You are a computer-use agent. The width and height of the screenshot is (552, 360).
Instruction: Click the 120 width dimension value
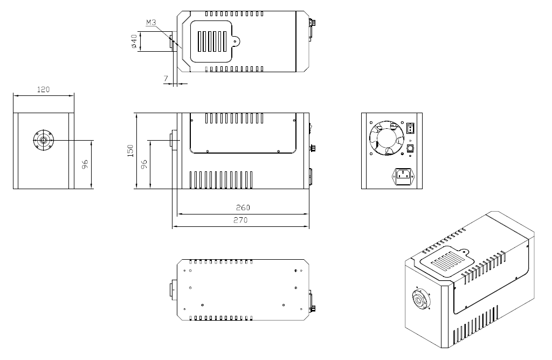coord(43,90)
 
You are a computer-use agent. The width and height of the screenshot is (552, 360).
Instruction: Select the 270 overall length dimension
coord(241,220)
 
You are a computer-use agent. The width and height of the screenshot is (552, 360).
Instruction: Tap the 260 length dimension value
coord(243,207)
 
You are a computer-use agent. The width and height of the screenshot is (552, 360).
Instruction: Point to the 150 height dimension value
coord(130,150)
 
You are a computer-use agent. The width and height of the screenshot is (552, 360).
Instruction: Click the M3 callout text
coord(151,23)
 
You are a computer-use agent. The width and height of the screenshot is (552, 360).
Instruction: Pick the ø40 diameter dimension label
coord(134,41)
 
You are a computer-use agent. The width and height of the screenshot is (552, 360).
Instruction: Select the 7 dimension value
coord(166,78)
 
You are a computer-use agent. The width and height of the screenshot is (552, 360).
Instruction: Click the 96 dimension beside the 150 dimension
coord(144,164)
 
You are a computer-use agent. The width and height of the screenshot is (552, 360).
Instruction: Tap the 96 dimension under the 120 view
coord(85,164)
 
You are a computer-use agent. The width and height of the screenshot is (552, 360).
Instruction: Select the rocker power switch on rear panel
coord(410,128)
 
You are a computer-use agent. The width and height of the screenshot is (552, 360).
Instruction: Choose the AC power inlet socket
coord(403,176)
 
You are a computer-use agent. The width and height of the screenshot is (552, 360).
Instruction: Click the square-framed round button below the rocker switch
coord(410,149)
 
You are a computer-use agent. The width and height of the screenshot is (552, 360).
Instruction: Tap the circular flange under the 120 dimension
coord(43,141)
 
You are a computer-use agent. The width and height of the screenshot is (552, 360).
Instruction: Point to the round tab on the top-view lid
coord(236,41)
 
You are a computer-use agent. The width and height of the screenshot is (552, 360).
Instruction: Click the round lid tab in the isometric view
coord(465,252)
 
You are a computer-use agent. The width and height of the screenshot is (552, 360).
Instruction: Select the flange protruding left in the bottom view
coord(174,290)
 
